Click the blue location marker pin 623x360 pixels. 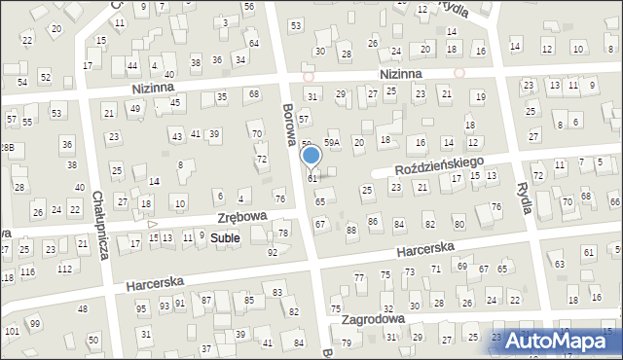click(x=311, y=157)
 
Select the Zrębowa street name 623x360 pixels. click(x=243, y=219)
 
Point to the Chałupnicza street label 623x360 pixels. click(x=99, y=225)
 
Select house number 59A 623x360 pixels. click(x=332, y=143)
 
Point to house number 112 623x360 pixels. click(x=65, y=269)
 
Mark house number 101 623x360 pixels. click(x=12, y=332)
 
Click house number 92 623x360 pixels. click(x=273, y=253)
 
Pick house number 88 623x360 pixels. click(x=351, y=230)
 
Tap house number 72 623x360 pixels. click(x=261, y=159)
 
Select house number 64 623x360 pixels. click(x=254, y=44)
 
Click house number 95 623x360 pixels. click(x=141, y=309)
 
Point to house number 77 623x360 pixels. click(x=358, y=277)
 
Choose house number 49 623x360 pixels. click(x=135, y=109)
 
